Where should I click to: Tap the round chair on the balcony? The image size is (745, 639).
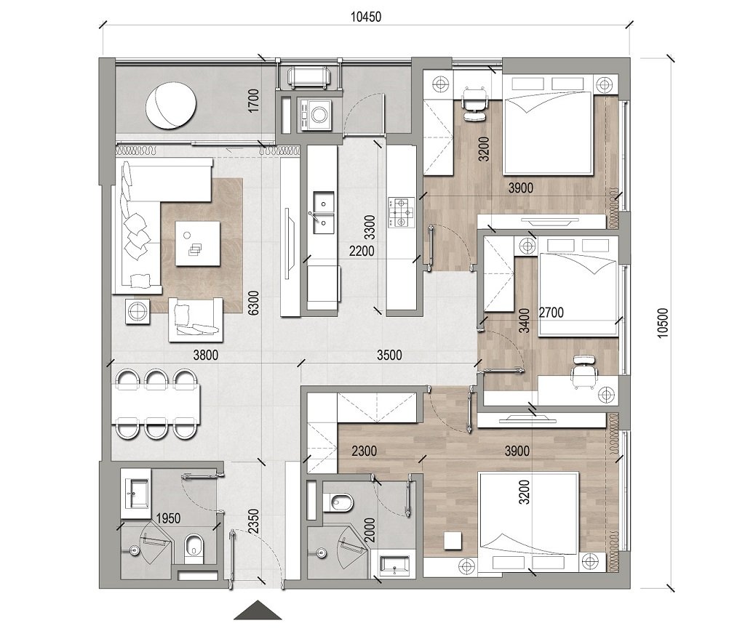pos(172,105)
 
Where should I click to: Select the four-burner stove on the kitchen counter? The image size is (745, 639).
pos(401,212)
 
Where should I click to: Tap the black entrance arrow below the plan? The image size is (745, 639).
pos(258,610)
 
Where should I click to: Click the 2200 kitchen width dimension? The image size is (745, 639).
pos(362,252)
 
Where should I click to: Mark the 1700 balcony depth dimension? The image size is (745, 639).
pos(253,101)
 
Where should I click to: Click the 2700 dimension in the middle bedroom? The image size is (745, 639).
pos(550,313)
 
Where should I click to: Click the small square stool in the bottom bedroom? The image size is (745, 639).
pos(453,540)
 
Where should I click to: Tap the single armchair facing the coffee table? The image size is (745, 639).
pos(195,319)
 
